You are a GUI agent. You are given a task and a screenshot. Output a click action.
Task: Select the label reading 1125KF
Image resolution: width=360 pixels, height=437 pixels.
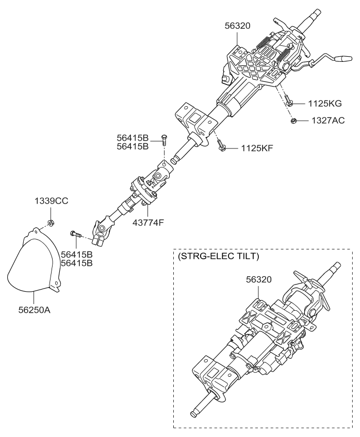pos(256,148)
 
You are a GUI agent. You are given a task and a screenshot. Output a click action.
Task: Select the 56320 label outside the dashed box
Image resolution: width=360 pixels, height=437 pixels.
pos(238,24)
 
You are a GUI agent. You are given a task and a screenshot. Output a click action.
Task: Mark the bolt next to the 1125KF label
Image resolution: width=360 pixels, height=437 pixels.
pos(221,146)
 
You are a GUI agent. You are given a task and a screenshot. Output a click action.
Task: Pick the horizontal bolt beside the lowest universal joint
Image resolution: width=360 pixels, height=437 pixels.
pos(75,234)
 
